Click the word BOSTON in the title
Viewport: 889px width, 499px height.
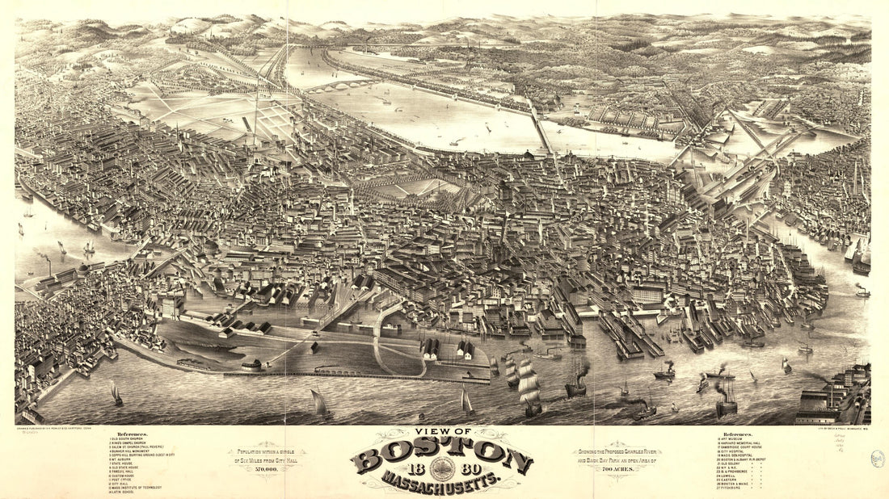pos(441,459)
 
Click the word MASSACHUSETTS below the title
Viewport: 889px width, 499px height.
pos(441,483)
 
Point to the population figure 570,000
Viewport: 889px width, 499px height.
pos(267,468)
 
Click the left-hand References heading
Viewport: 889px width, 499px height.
pos(133,434)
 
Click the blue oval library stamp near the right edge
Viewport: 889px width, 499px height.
pos(878,459)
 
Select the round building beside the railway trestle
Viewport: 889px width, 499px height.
pos(252,365)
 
